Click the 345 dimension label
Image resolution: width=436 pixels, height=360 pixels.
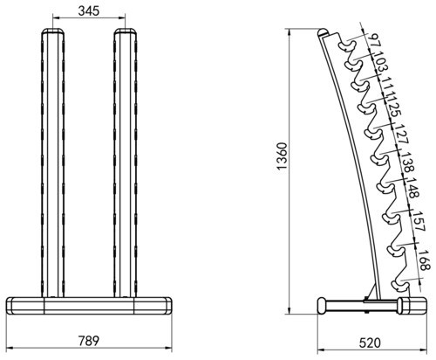[x=89, y=10]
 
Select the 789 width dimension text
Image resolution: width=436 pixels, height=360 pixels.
[x=89, y=341]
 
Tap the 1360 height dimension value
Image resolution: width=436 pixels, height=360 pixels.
[x=282, y=156]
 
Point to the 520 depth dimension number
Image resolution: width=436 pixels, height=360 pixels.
[x=370, y=343]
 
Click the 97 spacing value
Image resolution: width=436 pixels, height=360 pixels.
[x=374, y=41]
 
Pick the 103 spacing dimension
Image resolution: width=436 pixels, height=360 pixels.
[x=381, y=62]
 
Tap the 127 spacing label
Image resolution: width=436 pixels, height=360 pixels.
[x=402, y=134]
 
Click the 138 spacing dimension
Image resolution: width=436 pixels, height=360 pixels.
[x=406, y=162]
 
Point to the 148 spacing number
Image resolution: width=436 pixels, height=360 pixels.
[x=412, y=188]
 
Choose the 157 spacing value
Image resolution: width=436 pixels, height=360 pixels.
[x=419, y=221]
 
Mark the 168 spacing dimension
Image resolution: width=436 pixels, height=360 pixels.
[x=423, y=260]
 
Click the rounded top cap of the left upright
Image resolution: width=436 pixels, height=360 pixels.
[x=53, y=31]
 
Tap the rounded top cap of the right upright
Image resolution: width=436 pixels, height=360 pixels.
[x=126, y=31]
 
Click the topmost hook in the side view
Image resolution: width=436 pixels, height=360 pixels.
[x=347, y=45]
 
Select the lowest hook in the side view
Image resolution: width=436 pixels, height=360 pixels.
[x=400, y=285]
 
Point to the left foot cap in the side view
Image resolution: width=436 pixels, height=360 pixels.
[x=322, y=306]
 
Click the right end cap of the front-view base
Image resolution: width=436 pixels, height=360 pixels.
[x=168, y=306]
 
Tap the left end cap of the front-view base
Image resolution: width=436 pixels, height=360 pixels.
[x=10, y=306]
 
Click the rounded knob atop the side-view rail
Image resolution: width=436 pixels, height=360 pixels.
[x=323, y=32]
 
